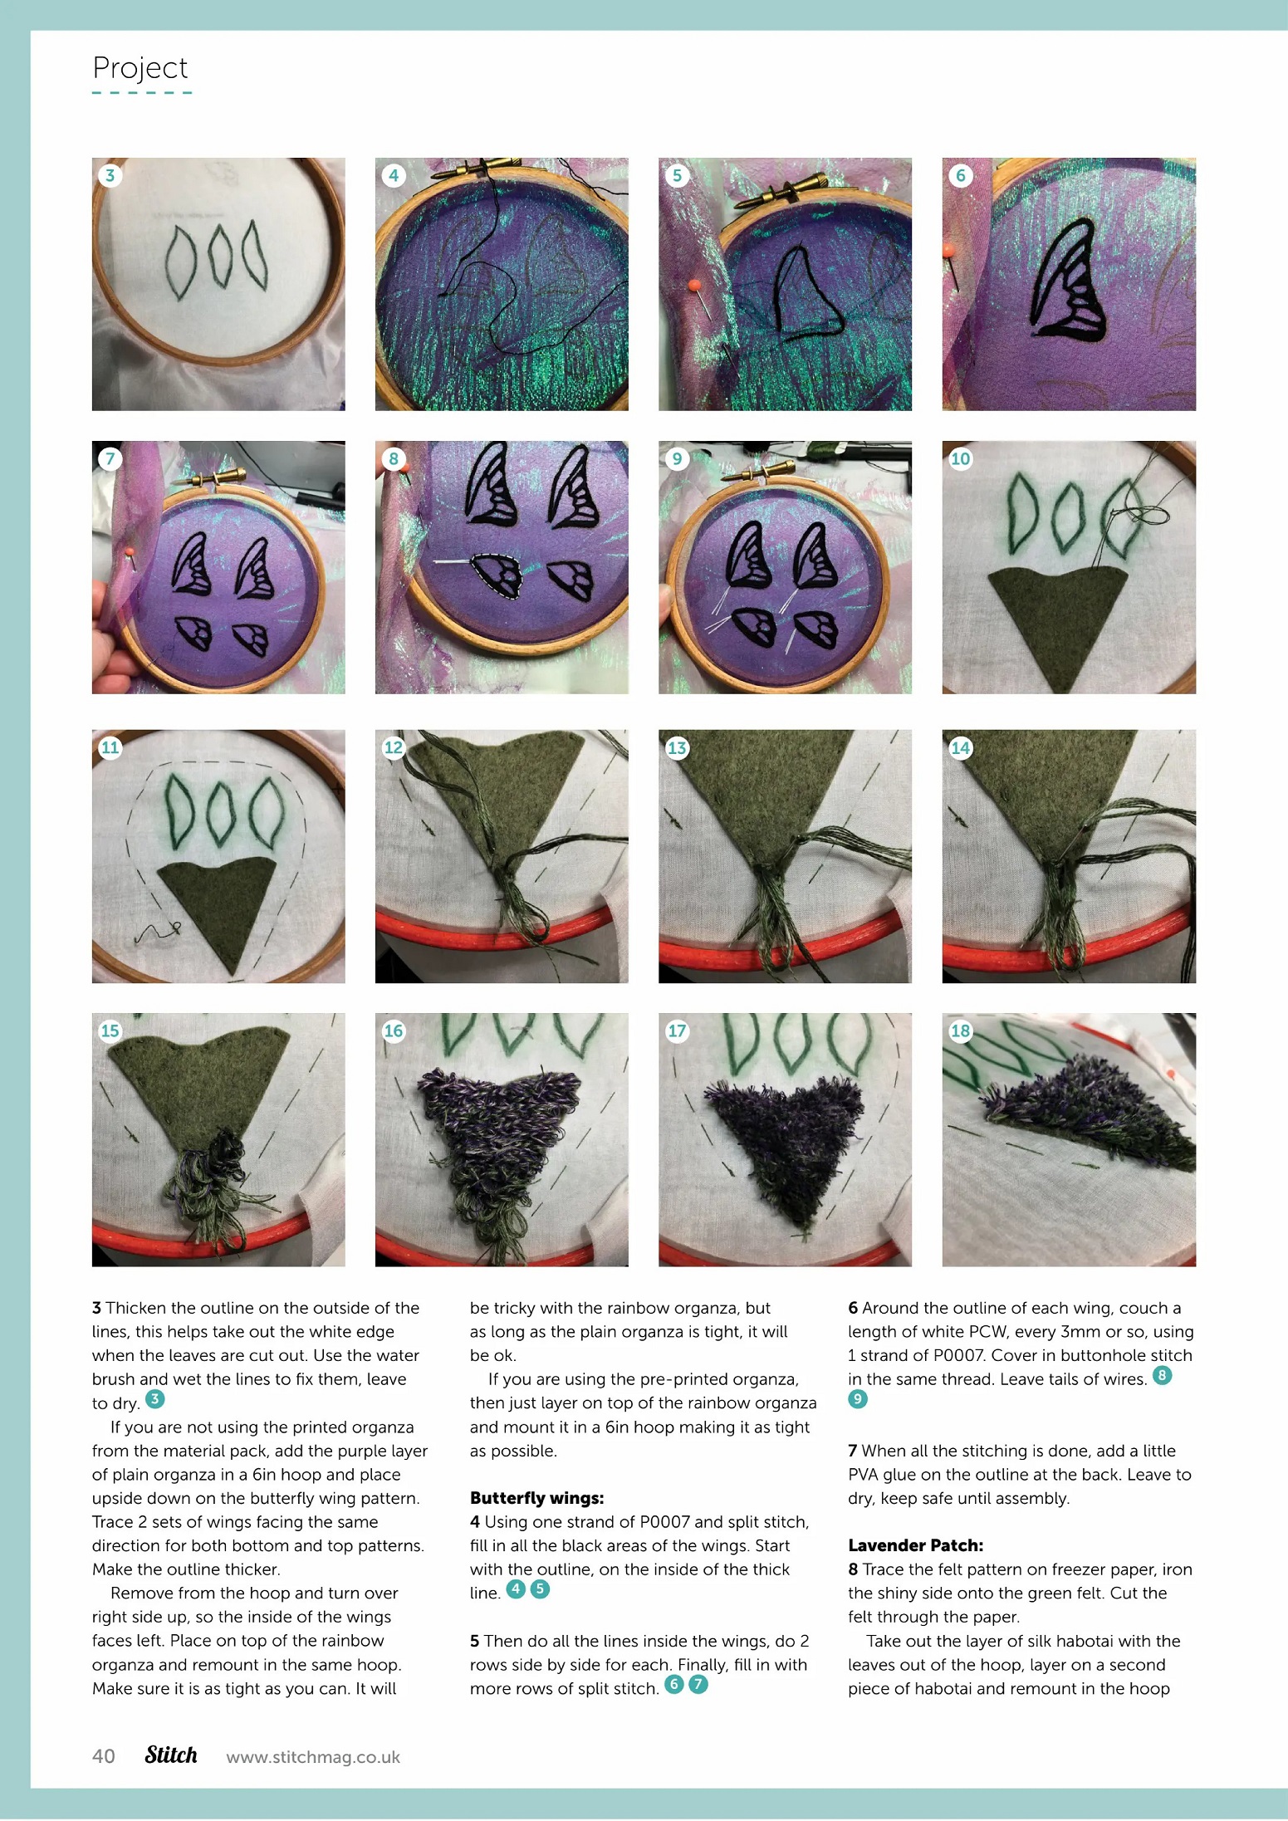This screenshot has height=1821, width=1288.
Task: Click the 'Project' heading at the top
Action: coord(140,68)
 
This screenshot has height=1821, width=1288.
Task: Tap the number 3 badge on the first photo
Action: coord(110,175)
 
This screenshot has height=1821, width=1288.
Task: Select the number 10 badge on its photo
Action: coord(961,458)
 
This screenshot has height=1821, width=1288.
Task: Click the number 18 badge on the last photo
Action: coord(961,1030)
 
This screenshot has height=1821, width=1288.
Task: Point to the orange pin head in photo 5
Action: coord(694,286)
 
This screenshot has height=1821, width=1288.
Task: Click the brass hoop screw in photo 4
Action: coord(470,168)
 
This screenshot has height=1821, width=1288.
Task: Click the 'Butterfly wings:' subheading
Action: coord(536,1498)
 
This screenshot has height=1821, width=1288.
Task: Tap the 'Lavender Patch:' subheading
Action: coord(915,1545)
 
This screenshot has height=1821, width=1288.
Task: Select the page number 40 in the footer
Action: coord(104,1756)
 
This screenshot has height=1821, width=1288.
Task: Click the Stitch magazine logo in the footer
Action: coord(171,1755)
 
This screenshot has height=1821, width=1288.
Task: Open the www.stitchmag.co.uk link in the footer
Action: coord(313,1757)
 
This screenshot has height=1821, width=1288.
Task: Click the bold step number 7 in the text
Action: coord(852,1451)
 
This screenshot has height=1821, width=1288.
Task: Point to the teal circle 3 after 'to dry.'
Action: coord(154,1399)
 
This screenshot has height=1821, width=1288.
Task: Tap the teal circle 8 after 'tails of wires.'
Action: coord(1163,1375)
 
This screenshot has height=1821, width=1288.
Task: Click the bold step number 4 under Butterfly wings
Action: coord(475,1522)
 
